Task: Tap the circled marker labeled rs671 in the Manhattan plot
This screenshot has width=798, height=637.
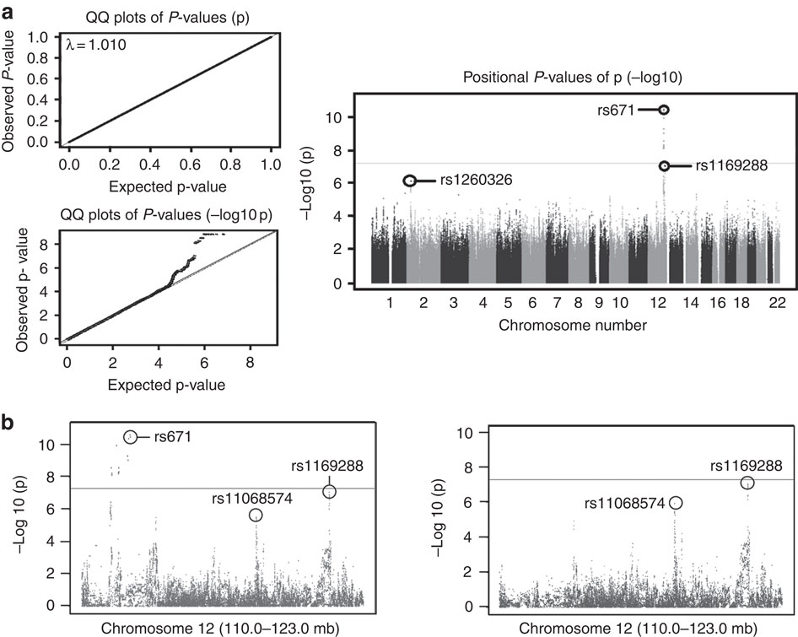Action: [x=664, y=110]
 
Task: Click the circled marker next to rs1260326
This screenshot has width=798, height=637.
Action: [x=410, y=181]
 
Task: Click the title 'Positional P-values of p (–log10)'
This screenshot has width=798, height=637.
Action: [x=573, y=78]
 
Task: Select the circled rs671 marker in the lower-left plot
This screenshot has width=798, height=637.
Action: [x=130, y=437]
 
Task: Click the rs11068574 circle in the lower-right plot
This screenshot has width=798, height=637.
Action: [x=676, y=503]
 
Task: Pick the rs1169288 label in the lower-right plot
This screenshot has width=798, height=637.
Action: [x=745, y=464]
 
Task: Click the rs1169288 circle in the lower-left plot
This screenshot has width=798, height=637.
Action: [x=329, y=491]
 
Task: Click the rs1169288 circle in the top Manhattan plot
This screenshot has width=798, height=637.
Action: [x=664, y=166]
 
